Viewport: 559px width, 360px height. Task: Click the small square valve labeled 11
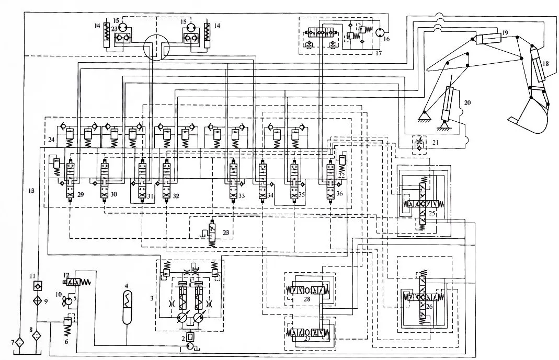tap(36, 285)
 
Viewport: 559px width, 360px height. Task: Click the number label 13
tap(31, 191)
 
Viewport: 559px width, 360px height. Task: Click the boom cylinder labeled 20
tap(449, 104)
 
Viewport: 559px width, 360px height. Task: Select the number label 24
tap(51, 140)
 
